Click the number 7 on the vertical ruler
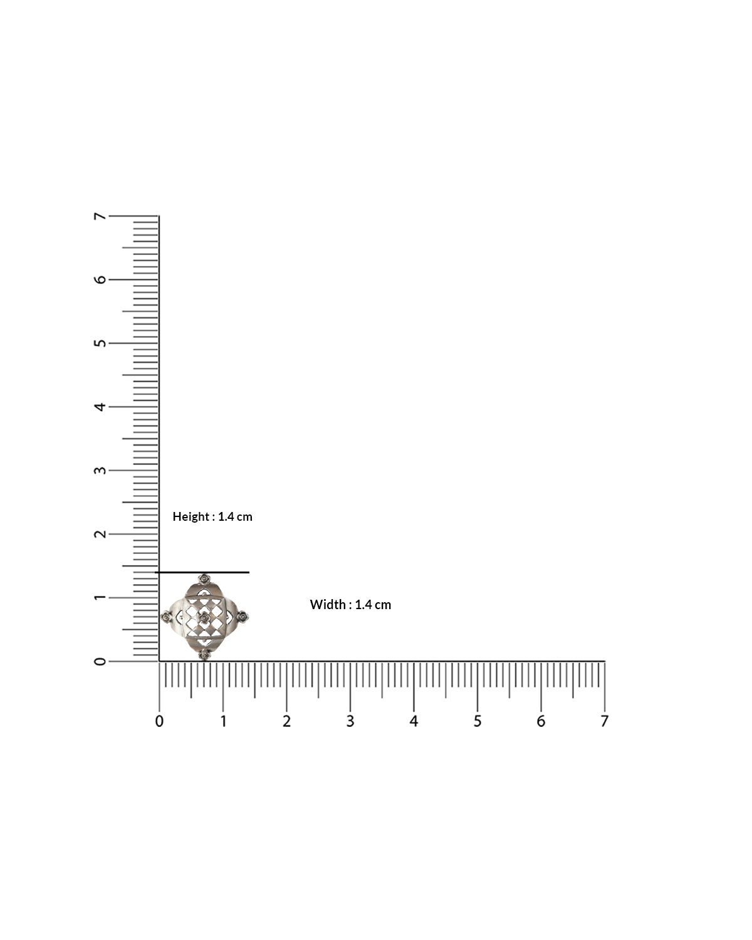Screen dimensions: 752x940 (x=100, y=216)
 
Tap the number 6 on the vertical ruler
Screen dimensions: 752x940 (x=100, y=279)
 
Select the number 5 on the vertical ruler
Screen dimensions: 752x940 (x=100, y=343)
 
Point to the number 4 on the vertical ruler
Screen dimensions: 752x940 (x=100, y=407)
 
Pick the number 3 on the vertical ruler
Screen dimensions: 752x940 (x=100, y=471)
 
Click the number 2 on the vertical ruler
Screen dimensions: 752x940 (x=100, y=534)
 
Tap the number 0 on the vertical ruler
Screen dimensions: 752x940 (x=100, y=661)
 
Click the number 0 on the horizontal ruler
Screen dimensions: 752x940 (x=160, y=721)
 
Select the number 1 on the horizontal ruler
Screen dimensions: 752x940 (x=223, y=721)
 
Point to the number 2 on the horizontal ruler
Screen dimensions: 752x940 (x=286, y=721)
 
